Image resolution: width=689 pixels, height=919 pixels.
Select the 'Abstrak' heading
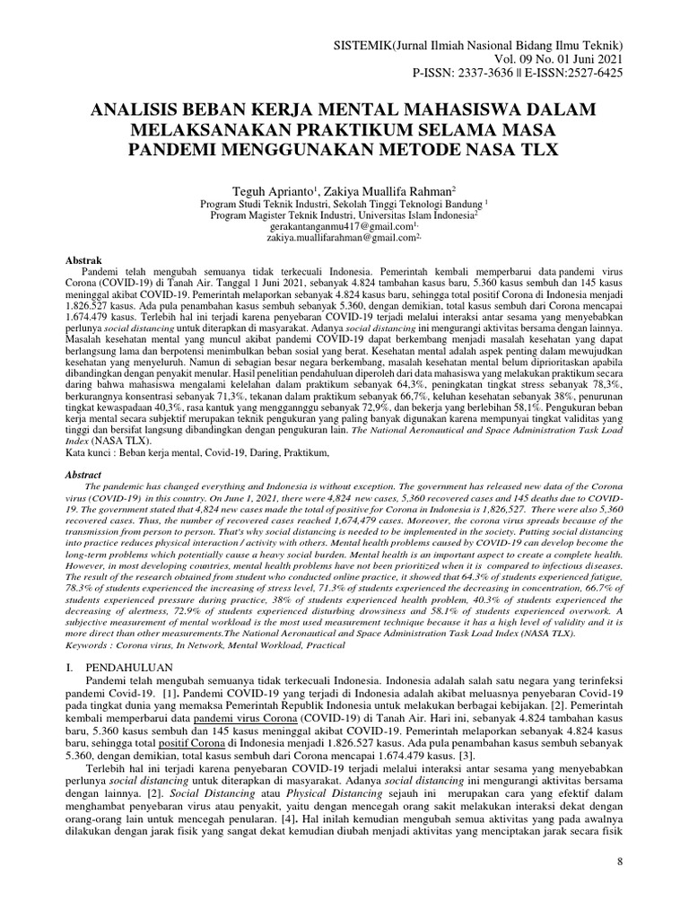[87, 259]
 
